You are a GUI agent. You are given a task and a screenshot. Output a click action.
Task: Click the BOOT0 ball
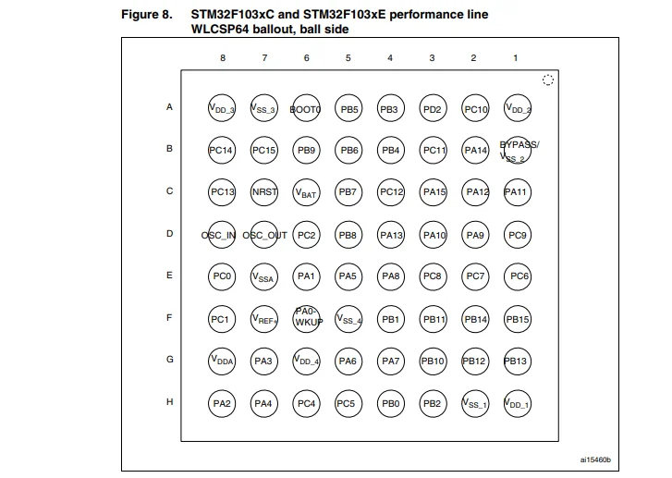[x=306, y=109]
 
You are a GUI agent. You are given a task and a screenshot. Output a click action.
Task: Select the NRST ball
[x=264, y=192]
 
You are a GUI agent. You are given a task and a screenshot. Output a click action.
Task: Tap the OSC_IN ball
[x=222, y=235]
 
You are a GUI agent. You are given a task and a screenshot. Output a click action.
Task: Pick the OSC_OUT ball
[x=264, y=235]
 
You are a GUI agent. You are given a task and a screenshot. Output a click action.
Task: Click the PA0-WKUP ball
[x=306, y=319]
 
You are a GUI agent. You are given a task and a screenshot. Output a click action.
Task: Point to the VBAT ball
[x=306, y=192]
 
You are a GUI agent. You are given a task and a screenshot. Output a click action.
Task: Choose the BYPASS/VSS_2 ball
[x=518, y=150]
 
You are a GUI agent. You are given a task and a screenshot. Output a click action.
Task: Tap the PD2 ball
[x=433, y=109]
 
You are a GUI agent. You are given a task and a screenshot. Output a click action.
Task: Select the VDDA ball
[x=222, y=361]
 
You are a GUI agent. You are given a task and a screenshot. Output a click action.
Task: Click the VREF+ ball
[x=264, y=319]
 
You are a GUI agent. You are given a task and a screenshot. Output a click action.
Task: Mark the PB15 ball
[x=518, y=319]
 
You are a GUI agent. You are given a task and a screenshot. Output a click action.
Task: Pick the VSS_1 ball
[x=475, y=403]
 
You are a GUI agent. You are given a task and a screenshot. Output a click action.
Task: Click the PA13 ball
[x=391, y=235]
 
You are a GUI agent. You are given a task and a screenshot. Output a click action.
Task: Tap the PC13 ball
[x=222, y=192]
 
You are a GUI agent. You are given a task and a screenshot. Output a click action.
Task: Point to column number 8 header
[x=222, y=58]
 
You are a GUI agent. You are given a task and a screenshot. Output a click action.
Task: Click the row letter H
[x=169, y=402]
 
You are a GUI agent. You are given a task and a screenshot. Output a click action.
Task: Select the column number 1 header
[x=516, y=58]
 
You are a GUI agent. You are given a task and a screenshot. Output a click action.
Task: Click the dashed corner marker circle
[x=548, y=80]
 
